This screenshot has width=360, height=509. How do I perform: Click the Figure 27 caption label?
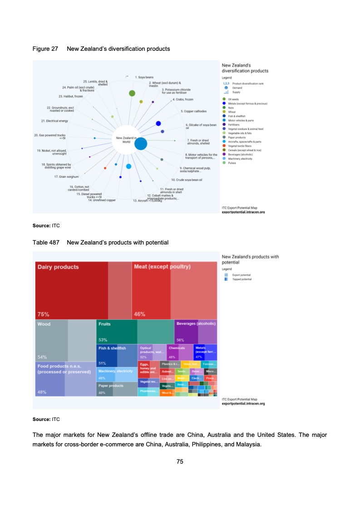(45, 49)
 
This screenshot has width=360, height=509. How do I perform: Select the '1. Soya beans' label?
(145, 78)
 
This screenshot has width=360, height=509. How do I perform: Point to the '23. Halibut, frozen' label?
(71, 96)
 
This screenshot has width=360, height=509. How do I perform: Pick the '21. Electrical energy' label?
(54, 121)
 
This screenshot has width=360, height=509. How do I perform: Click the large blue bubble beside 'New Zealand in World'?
(141, 143)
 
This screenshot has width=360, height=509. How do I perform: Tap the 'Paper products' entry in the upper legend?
(237, 137)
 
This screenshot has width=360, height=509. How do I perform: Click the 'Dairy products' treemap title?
(58, 267)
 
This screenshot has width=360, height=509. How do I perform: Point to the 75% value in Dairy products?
(44, 314)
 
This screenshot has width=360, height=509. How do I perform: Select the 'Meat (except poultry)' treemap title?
(162, 267)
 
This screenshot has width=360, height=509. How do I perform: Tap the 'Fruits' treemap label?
(104, 324)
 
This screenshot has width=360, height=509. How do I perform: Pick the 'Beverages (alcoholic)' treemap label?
(196, 323)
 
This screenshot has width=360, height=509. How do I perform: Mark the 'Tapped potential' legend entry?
(242, 279)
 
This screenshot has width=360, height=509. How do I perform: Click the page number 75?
(180, 461)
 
